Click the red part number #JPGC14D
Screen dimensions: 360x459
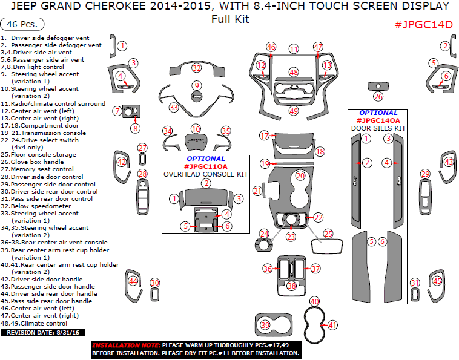[423, 25]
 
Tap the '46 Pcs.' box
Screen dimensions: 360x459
[23, 25]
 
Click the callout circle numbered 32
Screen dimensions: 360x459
[196, 68]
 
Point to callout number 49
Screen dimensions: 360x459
[294, 111]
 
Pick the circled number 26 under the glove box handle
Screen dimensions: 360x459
[378, 96]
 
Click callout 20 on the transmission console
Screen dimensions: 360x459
[300, 175]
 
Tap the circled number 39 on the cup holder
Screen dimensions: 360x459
[265, 326]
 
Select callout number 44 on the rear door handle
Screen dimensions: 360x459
[133, 281]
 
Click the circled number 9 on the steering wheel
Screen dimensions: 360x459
[196, 85]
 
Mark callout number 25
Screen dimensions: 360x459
[328, 233]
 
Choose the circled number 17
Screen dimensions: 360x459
[264, 136]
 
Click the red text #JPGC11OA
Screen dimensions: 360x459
[205, 166]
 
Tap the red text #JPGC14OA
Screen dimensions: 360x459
[378, 120]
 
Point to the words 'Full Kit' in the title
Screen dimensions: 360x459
[230, 19]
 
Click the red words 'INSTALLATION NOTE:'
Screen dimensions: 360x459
[126, 344]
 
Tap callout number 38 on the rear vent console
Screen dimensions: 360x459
[292, 286]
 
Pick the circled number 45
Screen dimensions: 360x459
[437, 281]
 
